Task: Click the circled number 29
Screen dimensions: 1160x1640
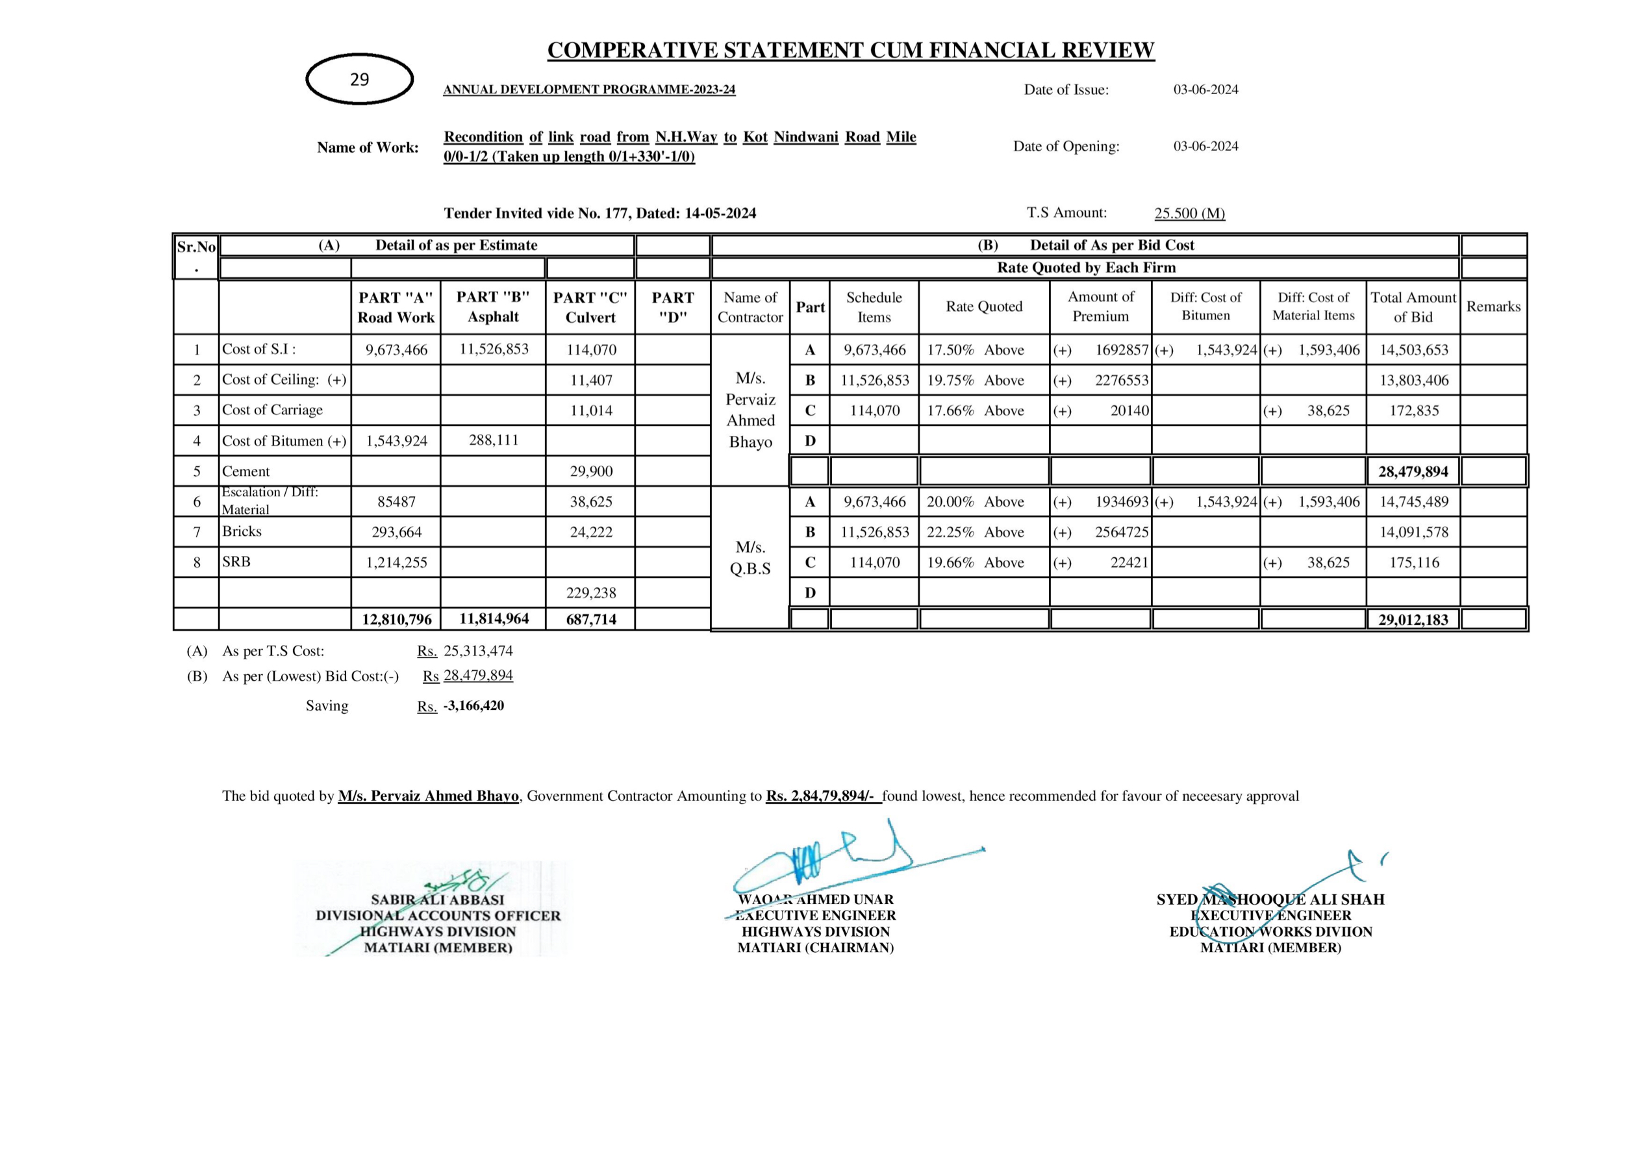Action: [359, 79]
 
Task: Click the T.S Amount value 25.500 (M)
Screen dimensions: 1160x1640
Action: [1189, 213]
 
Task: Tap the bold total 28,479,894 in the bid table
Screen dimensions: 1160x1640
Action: [1413, 472]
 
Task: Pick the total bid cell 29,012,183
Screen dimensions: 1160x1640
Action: [1413, 619]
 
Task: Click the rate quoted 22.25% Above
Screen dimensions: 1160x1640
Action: [975, 532]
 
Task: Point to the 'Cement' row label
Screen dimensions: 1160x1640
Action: [246, 472]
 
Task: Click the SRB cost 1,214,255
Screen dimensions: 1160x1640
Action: [396, 563]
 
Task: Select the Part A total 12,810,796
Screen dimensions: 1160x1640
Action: [396, 619]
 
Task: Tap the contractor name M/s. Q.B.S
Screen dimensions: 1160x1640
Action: [750, 558]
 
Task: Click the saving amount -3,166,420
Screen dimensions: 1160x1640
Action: [473, 706]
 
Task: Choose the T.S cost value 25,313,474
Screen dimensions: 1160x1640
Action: [478, 651]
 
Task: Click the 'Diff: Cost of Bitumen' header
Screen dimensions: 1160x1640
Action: [1205, 307]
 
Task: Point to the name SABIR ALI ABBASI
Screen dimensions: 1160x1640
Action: [437, 900]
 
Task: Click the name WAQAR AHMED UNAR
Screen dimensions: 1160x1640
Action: [816, 900]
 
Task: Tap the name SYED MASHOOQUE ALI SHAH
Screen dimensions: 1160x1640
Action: [1270, 900]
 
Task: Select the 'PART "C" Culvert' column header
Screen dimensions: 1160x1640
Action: [590, 307]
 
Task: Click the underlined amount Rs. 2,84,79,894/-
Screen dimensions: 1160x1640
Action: [823, 796]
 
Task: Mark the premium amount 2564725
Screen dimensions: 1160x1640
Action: [1122, 532]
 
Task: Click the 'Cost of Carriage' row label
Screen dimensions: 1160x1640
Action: [272, 410]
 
